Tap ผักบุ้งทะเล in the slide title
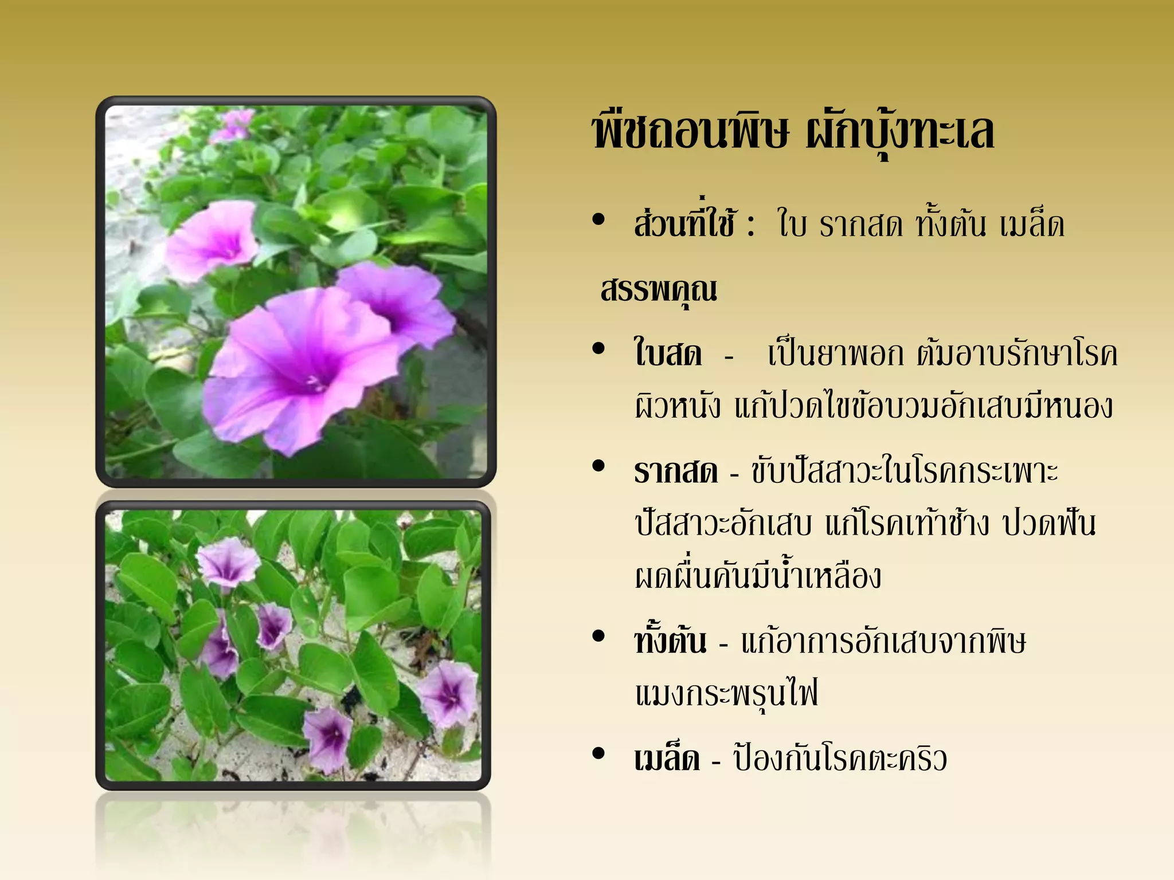pyautogui.click(x=899, y=132)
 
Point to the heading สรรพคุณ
pyautogui.click(x=659, y=290)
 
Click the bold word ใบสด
pyautogui.click(x=668, y=353)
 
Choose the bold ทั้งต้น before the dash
pyautogui.click(x=670, y=641)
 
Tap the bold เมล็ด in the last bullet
pyautogui.click(x=667, y=759)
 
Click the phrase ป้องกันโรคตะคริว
pyautogui.click(x=840, y=759)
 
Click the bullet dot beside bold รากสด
pyautogui.click(x=599, y=466)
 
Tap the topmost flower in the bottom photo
pyautogui.click(x=226, y=561)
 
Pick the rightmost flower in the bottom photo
pyautogui.click(x=448, y=693)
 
